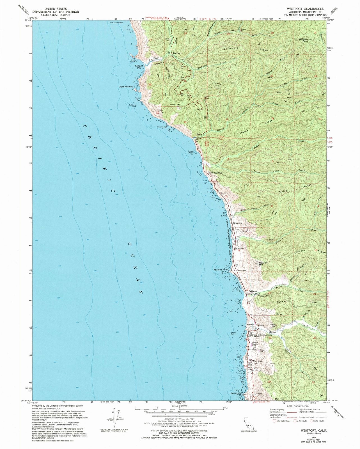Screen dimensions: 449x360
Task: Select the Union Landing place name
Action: pos(215,173)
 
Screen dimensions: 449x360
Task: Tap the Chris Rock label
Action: pos(161,127)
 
